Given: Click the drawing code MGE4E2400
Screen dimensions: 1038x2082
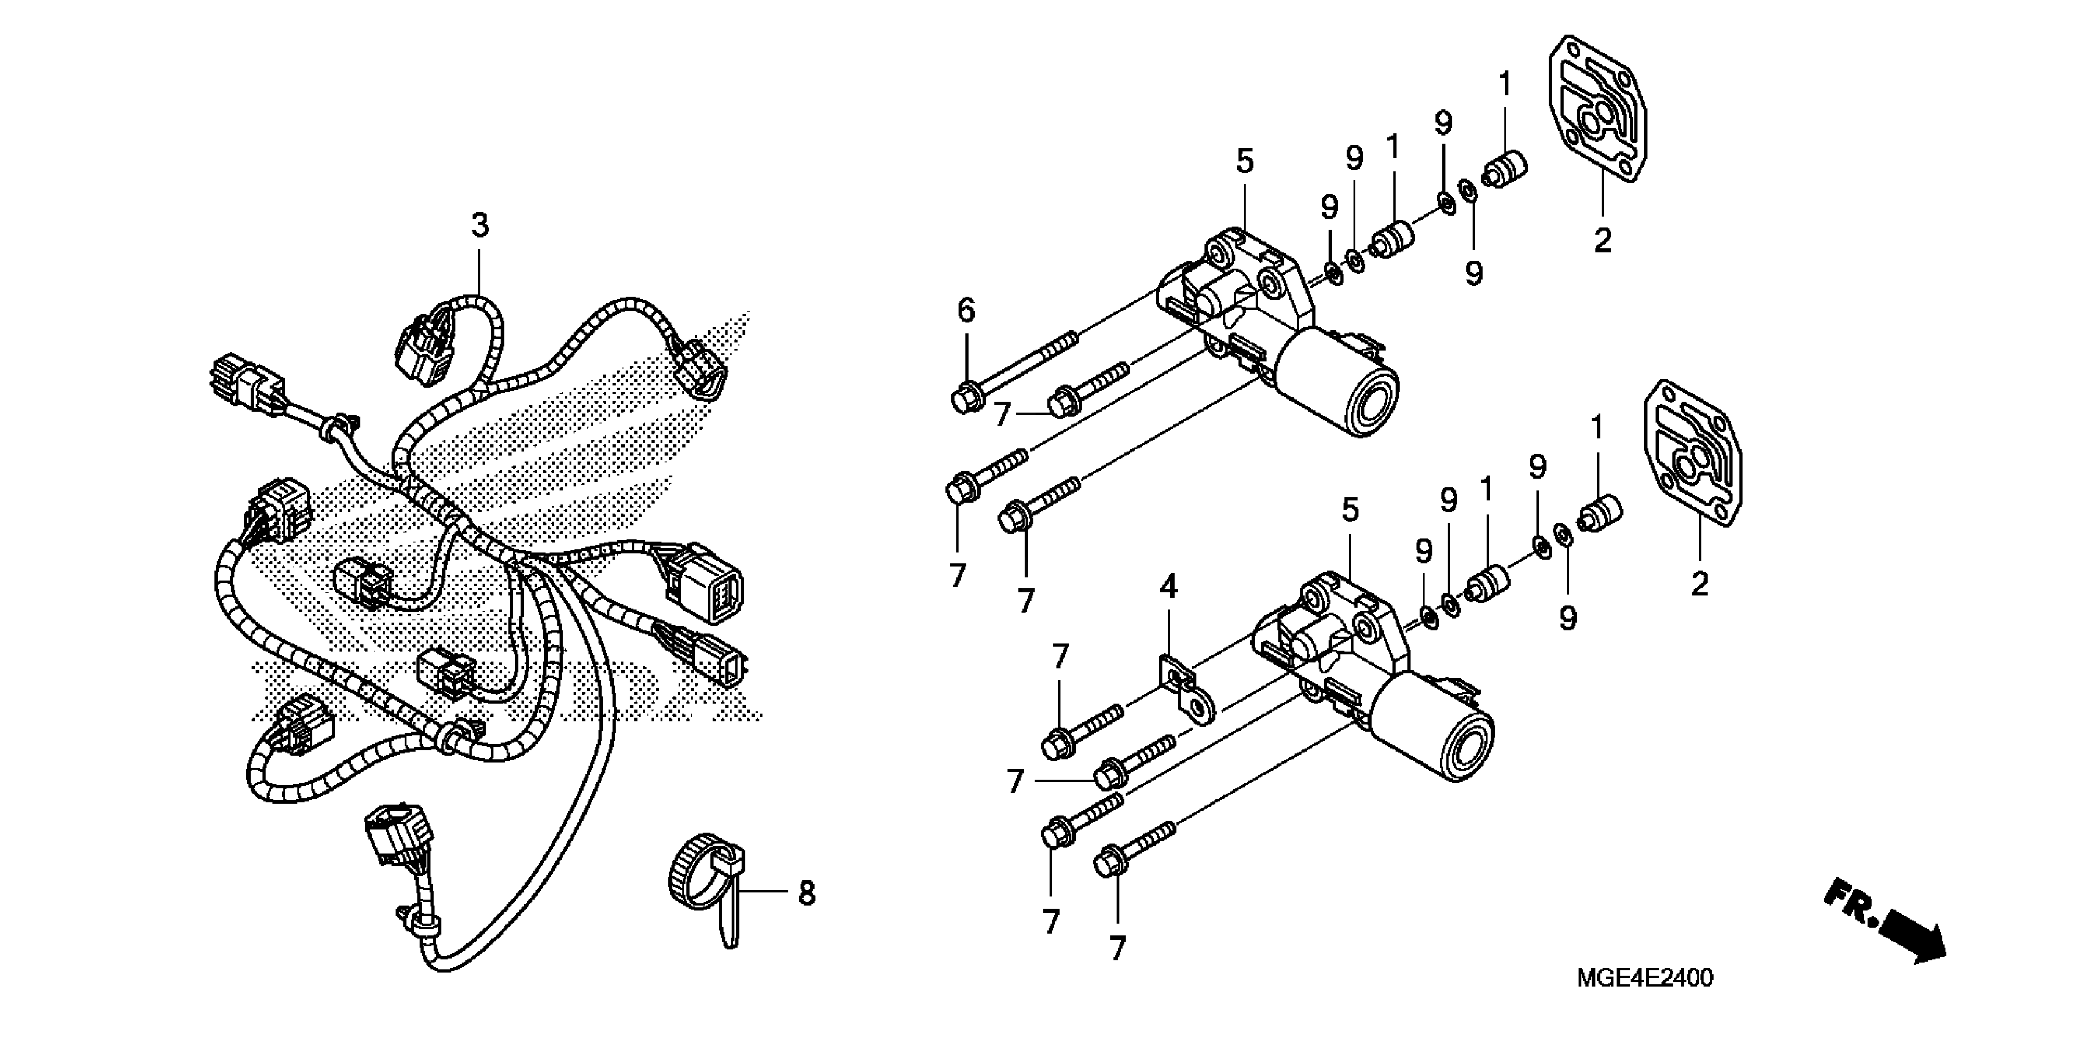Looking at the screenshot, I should tap(1644, 978).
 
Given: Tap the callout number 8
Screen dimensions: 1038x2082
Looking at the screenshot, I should tap(807, 893).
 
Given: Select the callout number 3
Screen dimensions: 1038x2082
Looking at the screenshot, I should tap(480, 225).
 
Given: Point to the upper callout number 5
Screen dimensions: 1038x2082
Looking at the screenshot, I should tap(1245, 162).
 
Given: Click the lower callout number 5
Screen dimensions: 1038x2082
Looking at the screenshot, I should tap(1350, 510).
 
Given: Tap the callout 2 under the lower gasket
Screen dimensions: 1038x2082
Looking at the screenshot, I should tap(1699, 584).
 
